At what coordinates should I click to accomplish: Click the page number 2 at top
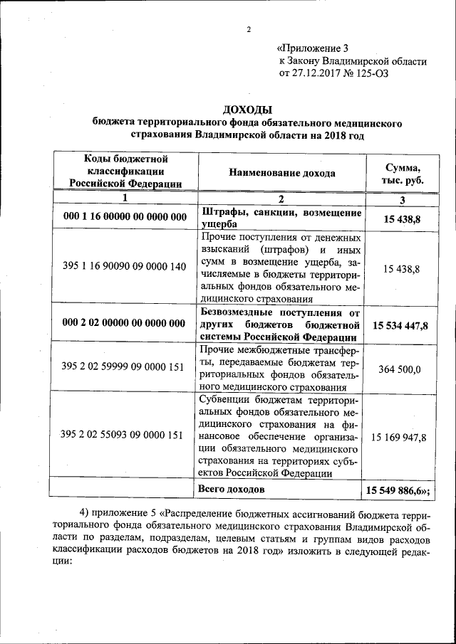click(249, 29)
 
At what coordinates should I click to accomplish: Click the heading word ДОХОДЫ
click(247, 110)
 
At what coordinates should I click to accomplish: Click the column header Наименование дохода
click(281, 173)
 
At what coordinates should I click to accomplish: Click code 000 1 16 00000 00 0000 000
click(124, 217)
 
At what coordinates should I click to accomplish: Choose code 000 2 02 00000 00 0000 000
click(124, 323)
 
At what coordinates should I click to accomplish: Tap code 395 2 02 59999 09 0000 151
click(124, 368)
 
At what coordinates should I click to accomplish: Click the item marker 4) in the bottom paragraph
click(85, 514)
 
